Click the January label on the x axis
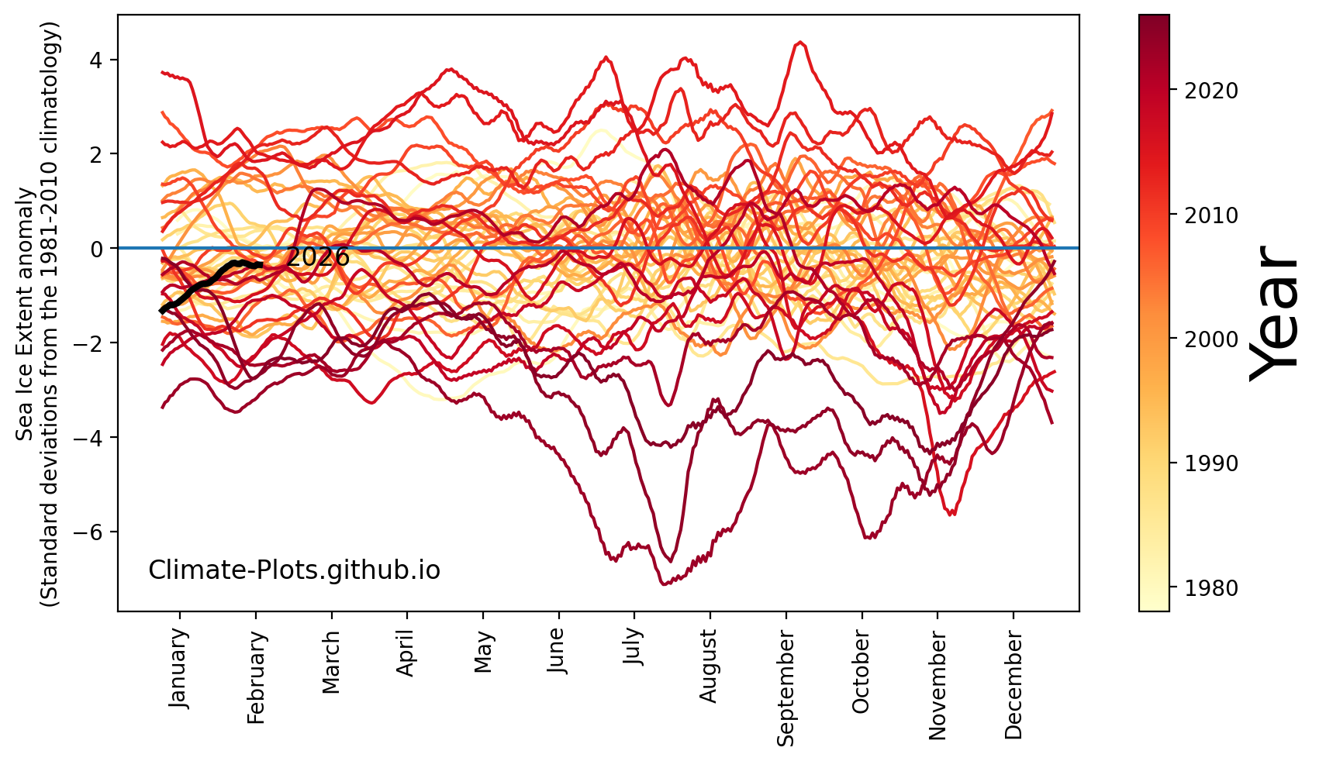click(178, 668)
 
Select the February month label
click(257, 677)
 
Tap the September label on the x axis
click(786, 687)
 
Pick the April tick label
click(406, 653)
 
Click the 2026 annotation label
click(318, 257)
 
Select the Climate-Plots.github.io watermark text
click(294, 570)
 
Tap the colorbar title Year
click(1274, 313)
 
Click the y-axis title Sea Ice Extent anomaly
click(26, 313)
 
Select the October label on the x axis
click(861, 672)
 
